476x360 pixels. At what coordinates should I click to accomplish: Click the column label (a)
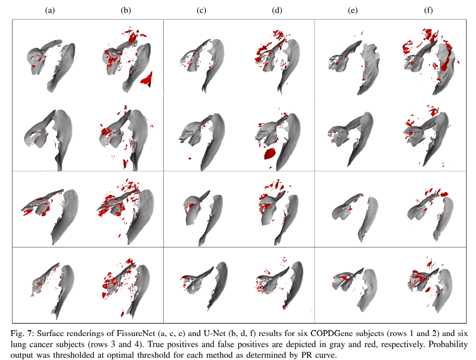[x=50, y=11]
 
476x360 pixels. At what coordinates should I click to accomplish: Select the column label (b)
[x=125, y=11]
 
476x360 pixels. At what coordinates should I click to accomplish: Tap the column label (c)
[x=202, y=11]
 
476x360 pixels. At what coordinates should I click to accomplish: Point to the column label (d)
[x=277, y=11]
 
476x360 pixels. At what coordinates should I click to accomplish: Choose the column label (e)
[x=354, y=11]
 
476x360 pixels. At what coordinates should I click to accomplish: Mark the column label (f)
[x=429, y=11]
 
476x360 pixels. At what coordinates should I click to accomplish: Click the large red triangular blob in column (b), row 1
[x=147, y=80]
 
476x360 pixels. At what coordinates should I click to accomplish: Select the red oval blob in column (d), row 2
[x=270, y=154]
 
